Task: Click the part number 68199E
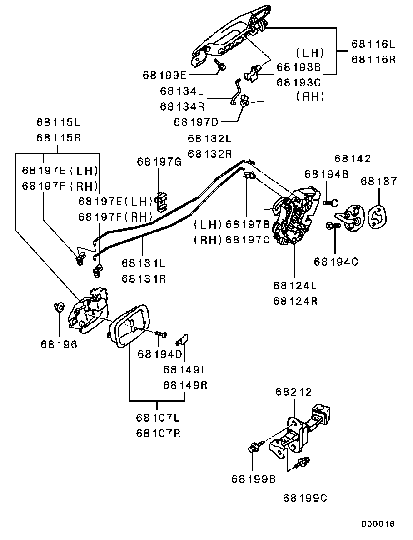click(x=164, y=75)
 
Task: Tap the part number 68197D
click(x=196, y=122)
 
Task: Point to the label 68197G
click(x=159, y=161)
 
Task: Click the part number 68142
click(x=353, y=159)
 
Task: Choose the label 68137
click(x=379, y=181)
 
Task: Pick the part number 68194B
click(x=326, y=174)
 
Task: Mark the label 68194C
click(x=336, y=262)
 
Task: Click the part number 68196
click(x=59, y=344)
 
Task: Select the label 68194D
click(x=159, y=354)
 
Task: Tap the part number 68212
click(x=294, y=392)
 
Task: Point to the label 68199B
click(x=254, y=479)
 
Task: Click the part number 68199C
click(x=305, y=498)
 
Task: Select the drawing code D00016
click(x=378, y=524)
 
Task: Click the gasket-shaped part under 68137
click(x=377, y=217)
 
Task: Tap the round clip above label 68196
click(x=58, y=307)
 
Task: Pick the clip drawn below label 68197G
click(x=160, y=201)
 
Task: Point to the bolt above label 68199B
click(x=253, y=448)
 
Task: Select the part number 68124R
click(x=295, y=301)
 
